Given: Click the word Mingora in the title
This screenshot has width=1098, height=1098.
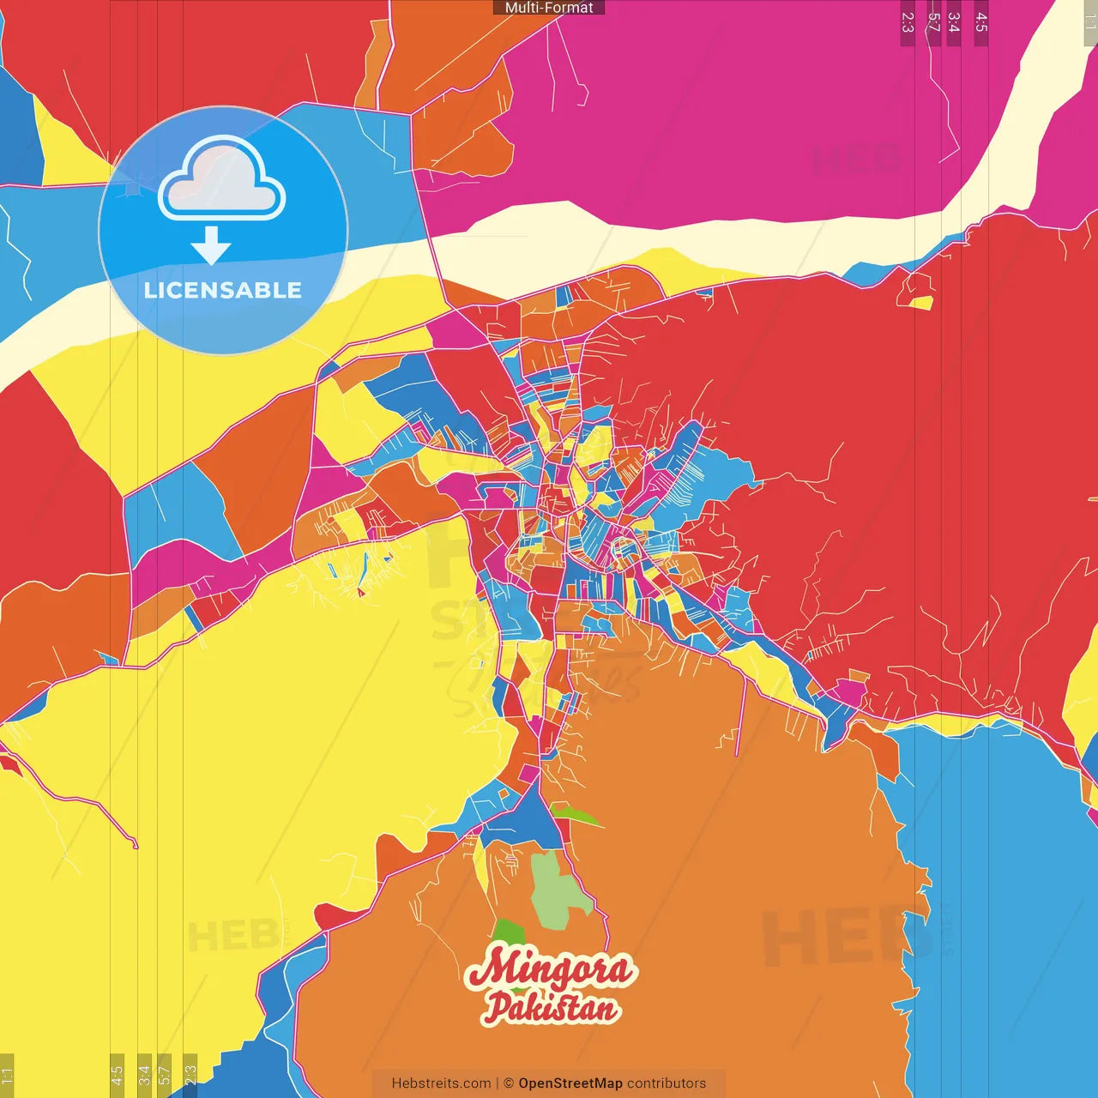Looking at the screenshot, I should pyautogui.click(x=549, y=969).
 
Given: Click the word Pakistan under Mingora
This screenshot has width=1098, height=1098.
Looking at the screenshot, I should pyautogui.click(x=551, y=1007).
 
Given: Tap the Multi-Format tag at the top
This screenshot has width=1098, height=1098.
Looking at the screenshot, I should pyautogui.click(x=549, y=8).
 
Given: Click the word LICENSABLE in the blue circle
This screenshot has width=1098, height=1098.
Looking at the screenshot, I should pyautogui.click(x=223, y=290).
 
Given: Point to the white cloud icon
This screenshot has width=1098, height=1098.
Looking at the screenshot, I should pyautogui.click(x=221, y=178).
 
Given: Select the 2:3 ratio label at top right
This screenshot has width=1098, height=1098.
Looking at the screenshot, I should pyautogui.click(x=908, y=22).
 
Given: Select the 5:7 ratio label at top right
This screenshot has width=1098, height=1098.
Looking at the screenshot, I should pyautogui.click(x=933, y=22).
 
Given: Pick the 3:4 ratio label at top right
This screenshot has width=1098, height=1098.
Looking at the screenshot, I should pyautogui.click(x=954, y=22).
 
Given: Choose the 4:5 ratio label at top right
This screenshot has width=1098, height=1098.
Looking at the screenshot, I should pyautogui.click(x=981, y=22).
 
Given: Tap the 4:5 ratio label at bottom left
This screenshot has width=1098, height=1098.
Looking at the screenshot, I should pyautogui.click(x=117, y=1074).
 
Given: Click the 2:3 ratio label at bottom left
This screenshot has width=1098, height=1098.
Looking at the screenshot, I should pyautogui.click(x=190, y=1074).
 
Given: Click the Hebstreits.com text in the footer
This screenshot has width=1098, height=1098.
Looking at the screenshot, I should pyautogui.click(x=441, y=1083).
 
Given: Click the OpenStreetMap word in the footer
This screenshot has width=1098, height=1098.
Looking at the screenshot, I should pyautogui.click(x=570, y=1083).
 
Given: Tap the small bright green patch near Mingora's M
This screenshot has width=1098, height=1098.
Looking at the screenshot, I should pyautogui.click(x=508, y=931).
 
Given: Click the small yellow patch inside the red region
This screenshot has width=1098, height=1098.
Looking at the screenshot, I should pyautogui.click(x=921, y=303).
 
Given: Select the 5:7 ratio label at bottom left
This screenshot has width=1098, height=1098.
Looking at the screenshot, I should pyautogui.click(x=165, y=1074).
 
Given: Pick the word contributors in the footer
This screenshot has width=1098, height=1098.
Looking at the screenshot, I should pyautogui.click(x=667, y=1083).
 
